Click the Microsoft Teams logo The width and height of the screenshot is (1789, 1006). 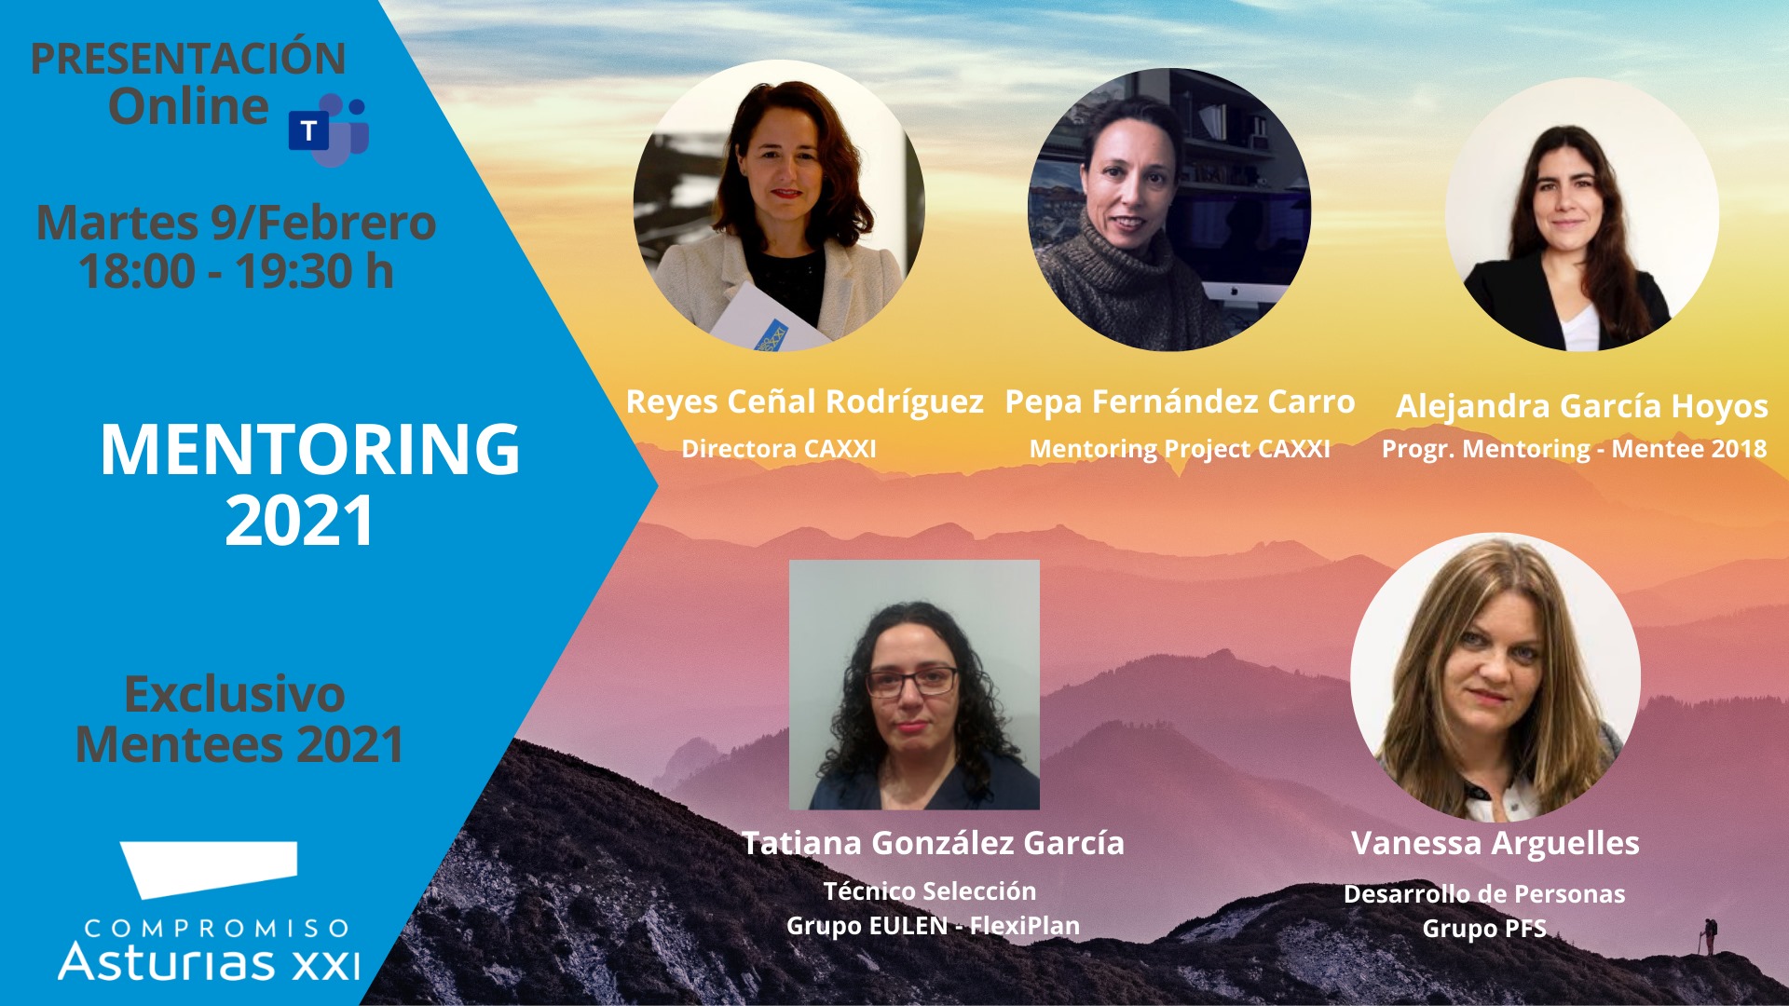(329, 129)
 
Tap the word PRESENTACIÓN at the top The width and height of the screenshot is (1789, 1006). (188, 58)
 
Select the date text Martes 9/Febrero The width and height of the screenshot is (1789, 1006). (236, 223)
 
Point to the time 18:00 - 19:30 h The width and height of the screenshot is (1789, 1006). (236, 271)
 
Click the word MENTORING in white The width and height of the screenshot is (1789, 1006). (309, 450)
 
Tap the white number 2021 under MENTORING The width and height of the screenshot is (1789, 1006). (299, 520)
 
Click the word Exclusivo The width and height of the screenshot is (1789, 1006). (235, 694)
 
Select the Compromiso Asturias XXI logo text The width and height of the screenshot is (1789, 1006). (210, 949)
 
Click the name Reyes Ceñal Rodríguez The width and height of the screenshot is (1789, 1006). (805, 402)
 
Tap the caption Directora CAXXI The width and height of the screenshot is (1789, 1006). (779, 449)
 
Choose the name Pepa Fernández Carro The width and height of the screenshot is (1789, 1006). (1180, 401)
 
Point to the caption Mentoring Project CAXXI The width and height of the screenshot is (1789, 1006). (1180, 449)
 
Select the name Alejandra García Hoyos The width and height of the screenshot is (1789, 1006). (1582, 406)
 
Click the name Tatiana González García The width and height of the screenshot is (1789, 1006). (933, 843)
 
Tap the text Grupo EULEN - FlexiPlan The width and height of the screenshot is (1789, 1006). (933, 926)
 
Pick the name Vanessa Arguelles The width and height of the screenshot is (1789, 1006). (1495, 843)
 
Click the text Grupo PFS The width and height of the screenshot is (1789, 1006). (1484, 929)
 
